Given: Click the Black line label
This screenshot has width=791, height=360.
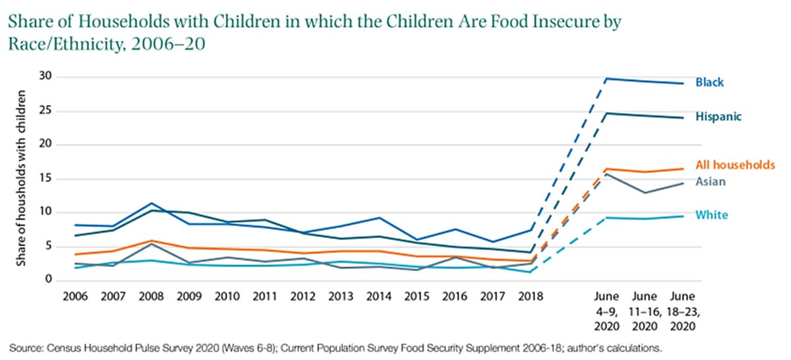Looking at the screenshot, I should (709, 82).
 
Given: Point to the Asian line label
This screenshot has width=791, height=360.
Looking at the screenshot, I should (711, 182).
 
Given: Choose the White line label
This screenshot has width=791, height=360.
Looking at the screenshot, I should (711, 215).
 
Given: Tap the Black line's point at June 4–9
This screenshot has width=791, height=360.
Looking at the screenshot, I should (606, 78).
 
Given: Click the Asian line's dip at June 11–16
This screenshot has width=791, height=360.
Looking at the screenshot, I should (644, 193).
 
